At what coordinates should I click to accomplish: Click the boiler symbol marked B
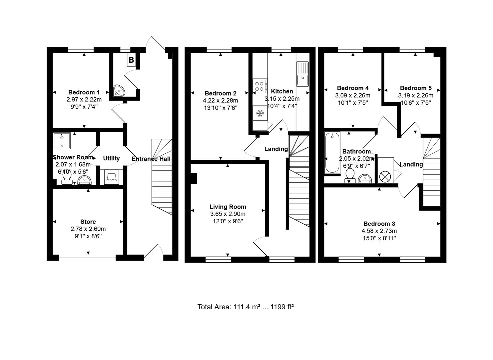coord(131,60)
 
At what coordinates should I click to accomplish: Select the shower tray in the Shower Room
coord(62,141)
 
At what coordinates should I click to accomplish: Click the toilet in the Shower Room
coord(67,180)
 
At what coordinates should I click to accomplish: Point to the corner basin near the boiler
coord(119,90)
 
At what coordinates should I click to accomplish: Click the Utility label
coord(111,158)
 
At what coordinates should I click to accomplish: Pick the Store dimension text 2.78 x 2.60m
coord(88,229)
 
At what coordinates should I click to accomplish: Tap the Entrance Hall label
coord(151,159)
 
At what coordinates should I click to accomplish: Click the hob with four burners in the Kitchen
coord(260,86)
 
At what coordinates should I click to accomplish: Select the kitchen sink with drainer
coord(302,74)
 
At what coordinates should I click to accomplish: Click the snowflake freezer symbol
coord(260,114)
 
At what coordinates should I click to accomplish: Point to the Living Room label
coord(228,207)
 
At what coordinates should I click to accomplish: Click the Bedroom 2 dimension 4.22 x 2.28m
coord(221,101)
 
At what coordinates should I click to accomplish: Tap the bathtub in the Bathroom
coord(332,152)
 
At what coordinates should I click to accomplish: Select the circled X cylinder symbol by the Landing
coord(385,176)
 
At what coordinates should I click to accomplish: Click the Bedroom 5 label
coord(416,88)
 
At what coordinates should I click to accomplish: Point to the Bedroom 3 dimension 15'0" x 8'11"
coord(379,238)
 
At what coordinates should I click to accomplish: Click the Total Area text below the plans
coord(246,307)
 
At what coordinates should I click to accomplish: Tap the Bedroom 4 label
coord(353,88)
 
